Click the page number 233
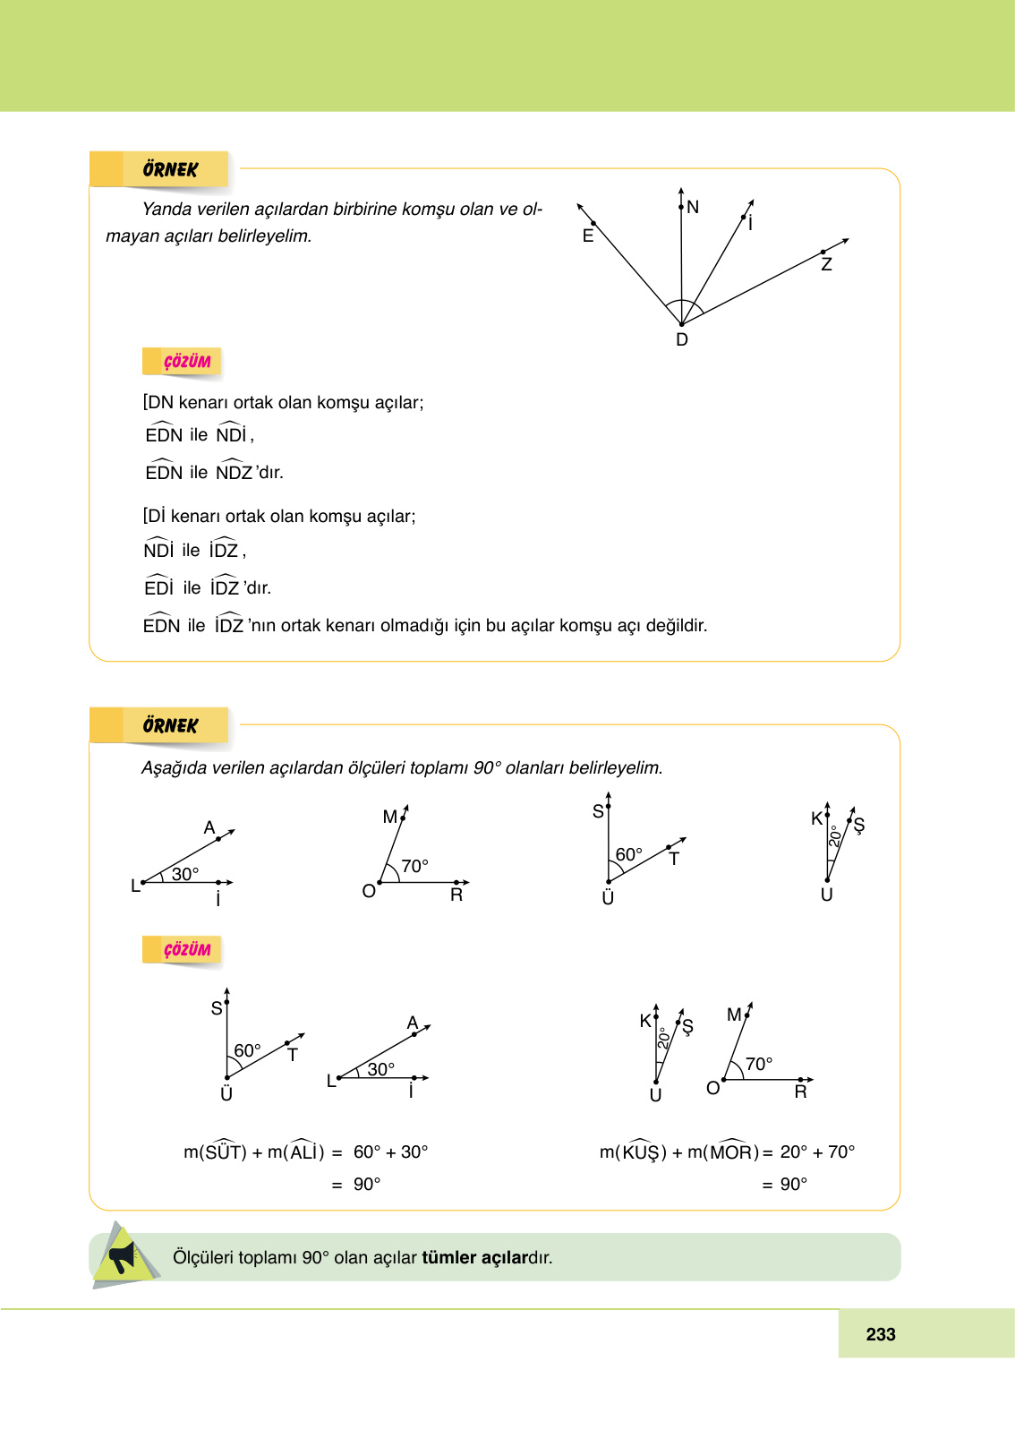[x=881, y=1334]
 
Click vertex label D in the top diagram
[x=682, y=340]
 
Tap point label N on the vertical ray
[x=693, y=208]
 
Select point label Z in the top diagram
[x=826, y=265]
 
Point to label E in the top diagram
[x=588, y=236]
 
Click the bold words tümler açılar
[x=474, y=1257]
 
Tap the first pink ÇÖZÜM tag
[x=187, y=362]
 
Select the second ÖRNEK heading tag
[x=170, y=725]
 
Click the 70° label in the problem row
[x=414, y=866]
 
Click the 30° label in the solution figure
[x=381, y=1069]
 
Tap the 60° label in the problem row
[x=628, y=854]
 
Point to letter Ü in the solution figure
[x=226, y=1094]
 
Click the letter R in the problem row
[x=456, y=895]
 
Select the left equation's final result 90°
[x=367, y=1184]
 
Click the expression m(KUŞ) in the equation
[x=633, y=1152]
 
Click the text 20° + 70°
[x=817, y=1152]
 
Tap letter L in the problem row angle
[x=136, y=886]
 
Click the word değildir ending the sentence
[x=677, y=625]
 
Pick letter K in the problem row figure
[x=816, y=818]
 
